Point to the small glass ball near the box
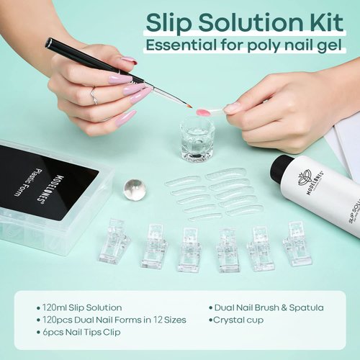pyautogui.click(x=134, y=189)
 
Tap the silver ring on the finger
pyautogui.click(x=93, y=94)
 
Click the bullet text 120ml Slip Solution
pyautogui.click(x=83, y=307)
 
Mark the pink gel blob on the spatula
pyautogui.click(x=204, y=112)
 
